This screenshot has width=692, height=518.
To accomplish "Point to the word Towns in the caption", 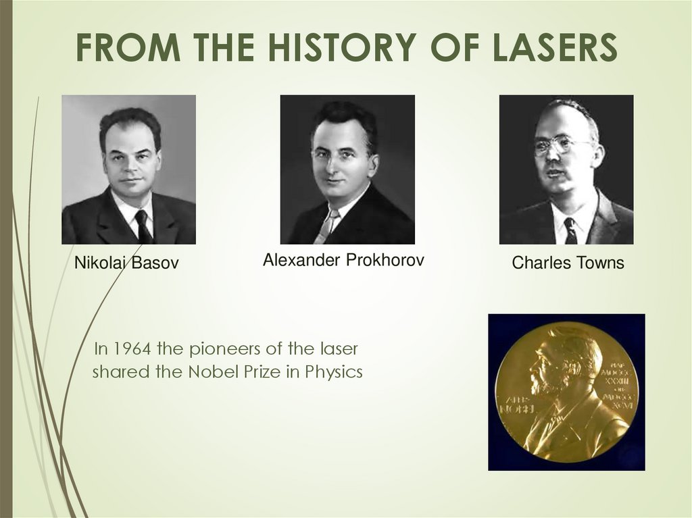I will click(x=598, y=263).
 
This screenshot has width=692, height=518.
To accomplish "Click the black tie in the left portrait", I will click(x=143, y=226).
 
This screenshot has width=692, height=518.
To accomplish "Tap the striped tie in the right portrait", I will click(x=570, y=230).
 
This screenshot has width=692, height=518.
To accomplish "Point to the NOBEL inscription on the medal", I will click(x=516, y=409).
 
